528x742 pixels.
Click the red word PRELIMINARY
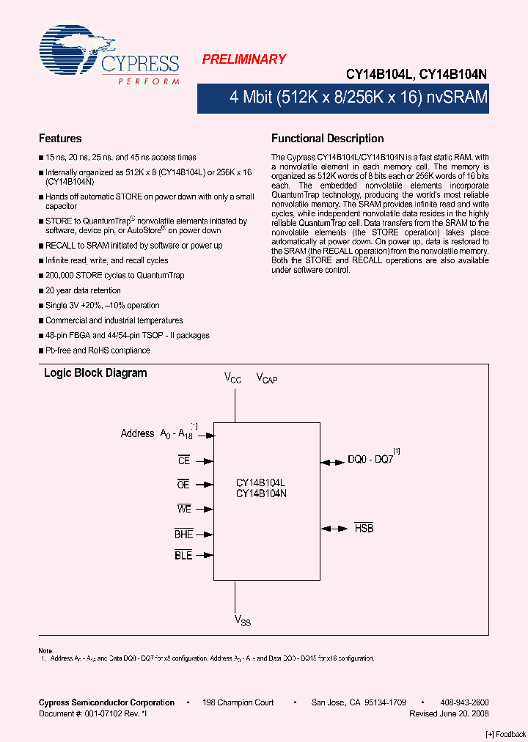[x=243, y=59]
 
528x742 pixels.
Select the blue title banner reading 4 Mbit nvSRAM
[x=343, y=98]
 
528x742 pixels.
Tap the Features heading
[x=60, y=139]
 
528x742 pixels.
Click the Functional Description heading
[x=327, y=139]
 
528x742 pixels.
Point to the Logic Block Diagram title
[x=95, y=373]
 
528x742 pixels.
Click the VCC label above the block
[x=232, y=378]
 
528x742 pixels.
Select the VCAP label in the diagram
[x=266, y=378]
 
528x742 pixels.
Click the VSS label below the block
[x=242, y=620]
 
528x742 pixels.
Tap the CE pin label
[x=184, y=460]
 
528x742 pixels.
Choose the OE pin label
[x=183, y=485]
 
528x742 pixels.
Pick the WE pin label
[x=183, y=509]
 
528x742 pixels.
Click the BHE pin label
[x=183, y=535]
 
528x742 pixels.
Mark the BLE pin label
[x=183, y=556]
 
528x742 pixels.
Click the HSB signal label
[x=364, y=528]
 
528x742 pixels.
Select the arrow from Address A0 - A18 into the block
[x=206, y=435]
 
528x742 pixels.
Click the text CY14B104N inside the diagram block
[x=261, y=494]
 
